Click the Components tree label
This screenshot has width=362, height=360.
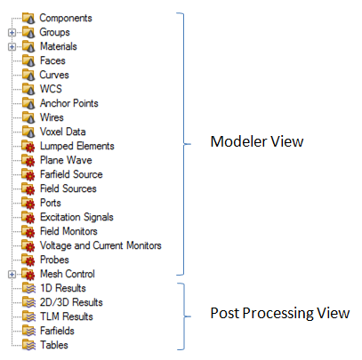66,18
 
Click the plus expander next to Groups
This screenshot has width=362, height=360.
12,32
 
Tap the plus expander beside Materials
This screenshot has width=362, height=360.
12,46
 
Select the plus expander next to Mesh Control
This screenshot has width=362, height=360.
12,275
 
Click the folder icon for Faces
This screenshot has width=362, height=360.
28,60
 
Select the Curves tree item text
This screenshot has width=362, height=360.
54,75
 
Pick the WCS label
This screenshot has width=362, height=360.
51,89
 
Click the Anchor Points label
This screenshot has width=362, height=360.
69,103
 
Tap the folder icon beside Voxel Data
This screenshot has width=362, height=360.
28,132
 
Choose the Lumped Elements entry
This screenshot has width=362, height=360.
77,146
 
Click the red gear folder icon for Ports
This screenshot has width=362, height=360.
28,203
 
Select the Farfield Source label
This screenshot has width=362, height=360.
71,174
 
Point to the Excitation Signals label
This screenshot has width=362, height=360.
76,217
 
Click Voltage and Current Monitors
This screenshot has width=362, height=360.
101,245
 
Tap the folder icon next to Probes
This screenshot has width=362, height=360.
28,260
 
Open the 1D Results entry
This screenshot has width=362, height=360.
63,288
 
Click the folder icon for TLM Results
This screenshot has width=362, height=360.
28,316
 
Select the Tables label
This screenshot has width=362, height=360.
54,345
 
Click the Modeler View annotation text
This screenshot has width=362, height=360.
257,141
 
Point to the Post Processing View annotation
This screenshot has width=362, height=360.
280,314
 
